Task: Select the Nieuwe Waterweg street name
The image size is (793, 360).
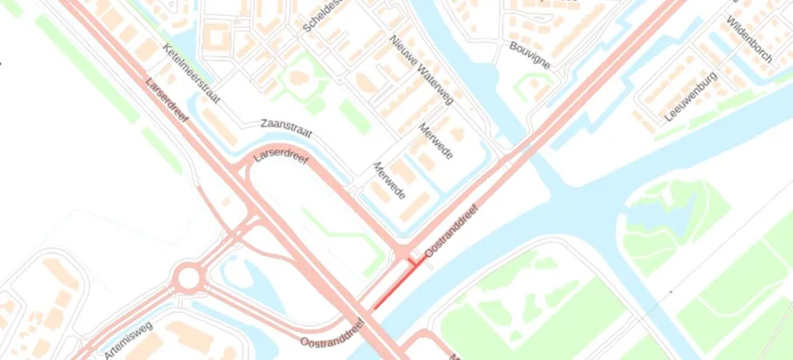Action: pos(421,71)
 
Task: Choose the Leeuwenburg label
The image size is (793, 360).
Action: pos(691,96)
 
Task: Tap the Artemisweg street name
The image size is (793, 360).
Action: pos(128,340)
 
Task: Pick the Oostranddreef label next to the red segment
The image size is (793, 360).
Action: pos(453,233)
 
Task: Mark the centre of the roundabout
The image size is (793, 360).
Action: pos(187,280)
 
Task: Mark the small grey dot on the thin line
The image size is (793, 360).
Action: pos(671,290)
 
